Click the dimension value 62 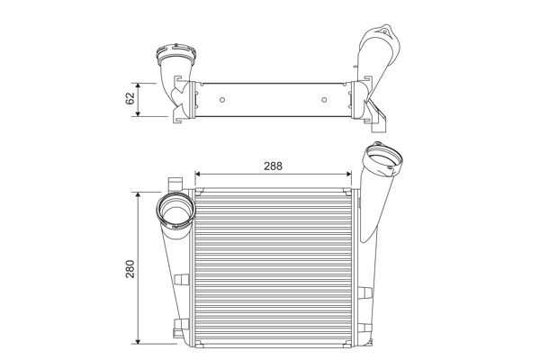pyautogui.click(x=131, y=96)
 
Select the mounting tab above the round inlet pyautogui.click(x=171, y=184)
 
